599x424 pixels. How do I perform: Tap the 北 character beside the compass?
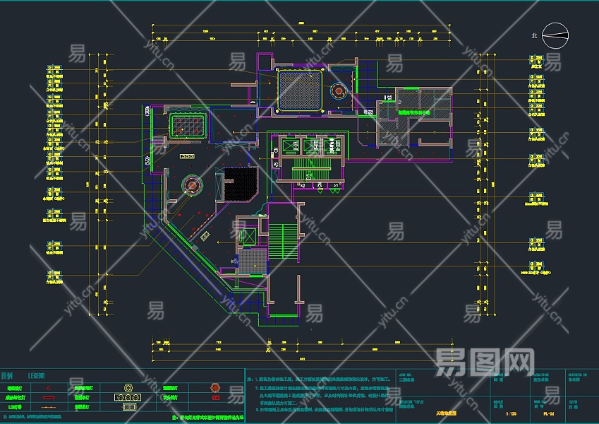coord(534,34)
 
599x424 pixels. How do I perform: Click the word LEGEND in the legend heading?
coord(37,376)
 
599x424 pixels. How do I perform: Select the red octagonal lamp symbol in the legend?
coord(216,388)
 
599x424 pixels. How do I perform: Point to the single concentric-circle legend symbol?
coord(129,388)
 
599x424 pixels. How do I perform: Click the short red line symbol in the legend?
coord(47,397)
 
